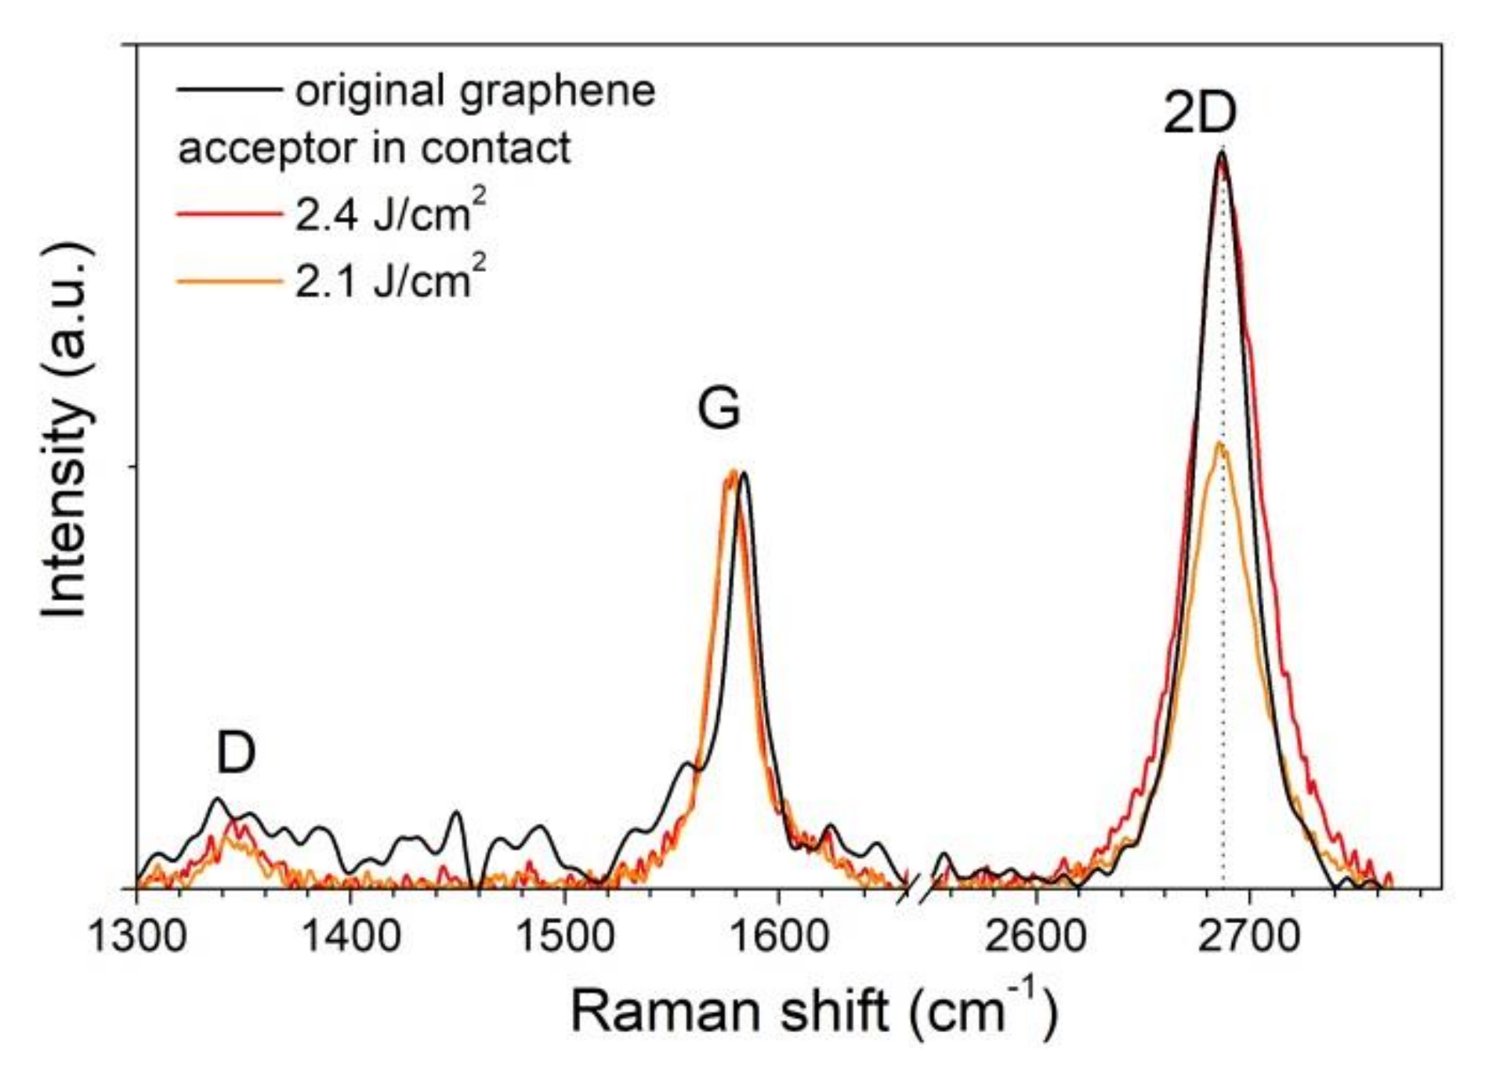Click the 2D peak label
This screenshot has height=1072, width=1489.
(x=1199, y=114)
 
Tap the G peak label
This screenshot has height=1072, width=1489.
(x=719, y=408)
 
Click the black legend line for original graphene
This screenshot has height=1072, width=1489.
(x=229, y=89)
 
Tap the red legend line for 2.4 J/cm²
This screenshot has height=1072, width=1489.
(x=229, y=213)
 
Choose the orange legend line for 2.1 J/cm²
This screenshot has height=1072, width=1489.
(x=229, y=280)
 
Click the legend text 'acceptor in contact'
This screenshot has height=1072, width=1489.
(x=375, y=148)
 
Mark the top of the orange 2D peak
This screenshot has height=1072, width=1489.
(x=1219, y=444)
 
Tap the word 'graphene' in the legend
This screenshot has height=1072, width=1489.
(x=556, y=92)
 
